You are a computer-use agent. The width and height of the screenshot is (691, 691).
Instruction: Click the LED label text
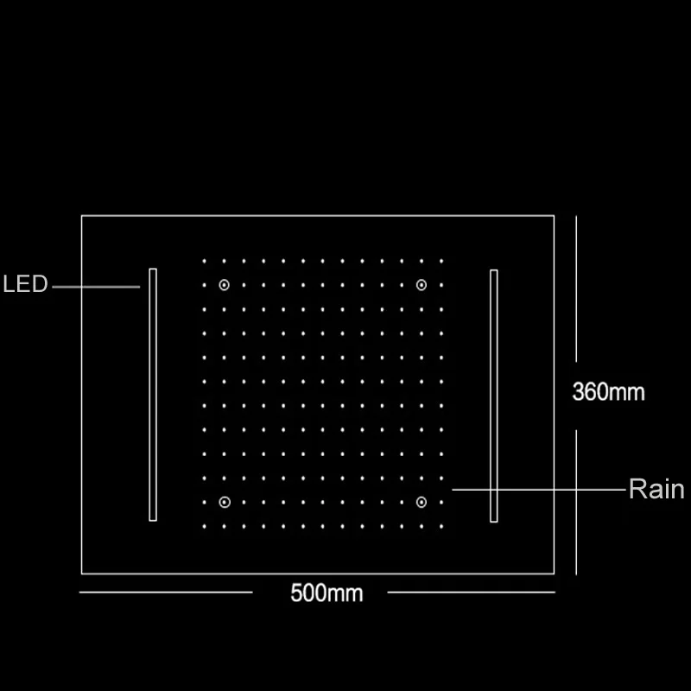(x=26, y=284)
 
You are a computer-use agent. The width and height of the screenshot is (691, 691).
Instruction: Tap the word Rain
(x=656, y=490)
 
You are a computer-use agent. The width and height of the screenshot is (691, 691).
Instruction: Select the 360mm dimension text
(x=609, y=391)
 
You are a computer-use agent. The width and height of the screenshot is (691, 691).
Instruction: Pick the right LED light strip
(x=494, y=395)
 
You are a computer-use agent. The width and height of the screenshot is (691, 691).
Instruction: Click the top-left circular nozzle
(x=225, y=285)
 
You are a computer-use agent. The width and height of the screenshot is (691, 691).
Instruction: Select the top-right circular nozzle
(x=422, y=285)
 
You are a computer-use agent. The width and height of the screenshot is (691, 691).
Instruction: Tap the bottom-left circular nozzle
(x=225, y=501)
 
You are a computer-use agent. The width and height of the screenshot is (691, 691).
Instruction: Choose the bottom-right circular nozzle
(x=422, y=501)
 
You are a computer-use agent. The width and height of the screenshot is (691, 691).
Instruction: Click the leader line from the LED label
(x=95, y=285)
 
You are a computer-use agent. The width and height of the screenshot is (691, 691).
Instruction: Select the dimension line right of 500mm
(x=471, y=592)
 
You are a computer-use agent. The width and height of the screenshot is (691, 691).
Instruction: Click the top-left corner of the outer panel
(x=82, y=215)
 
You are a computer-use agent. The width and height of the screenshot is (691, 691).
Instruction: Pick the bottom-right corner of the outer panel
(x=555, y=573)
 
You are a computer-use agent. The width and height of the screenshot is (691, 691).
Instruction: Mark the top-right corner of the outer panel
(x=555, y=215)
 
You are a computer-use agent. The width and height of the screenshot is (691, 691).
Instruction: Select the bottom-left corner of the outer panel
(x=82, y=573)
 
